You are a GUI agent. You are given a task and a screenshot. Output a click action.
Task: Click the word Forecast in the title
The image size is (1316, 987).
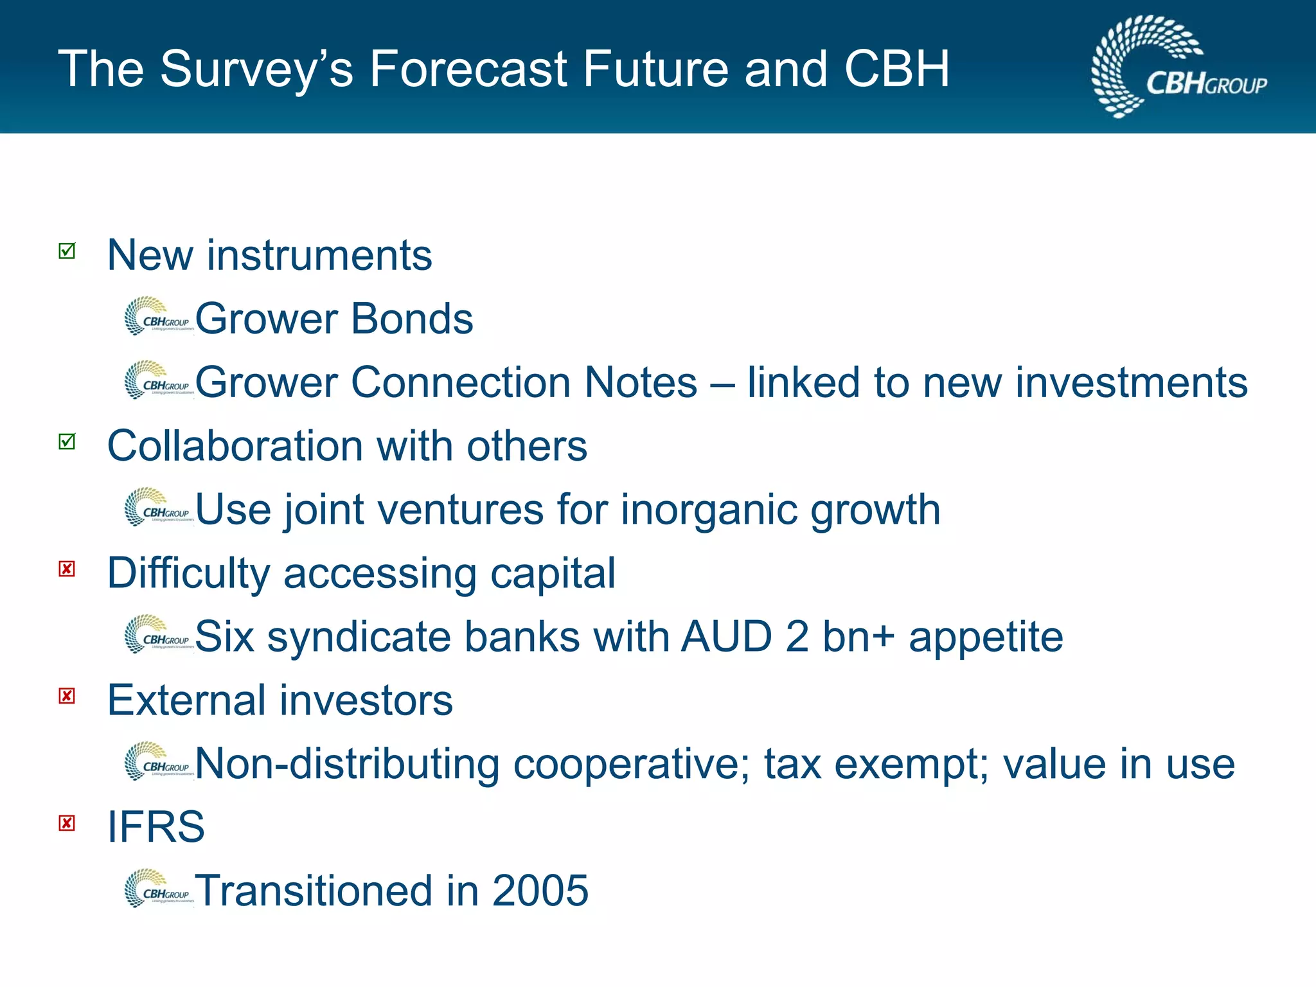point(469,69)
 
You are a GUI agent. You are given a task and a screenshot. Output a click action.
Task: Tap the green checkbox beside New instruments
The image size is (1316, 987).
point(67,251)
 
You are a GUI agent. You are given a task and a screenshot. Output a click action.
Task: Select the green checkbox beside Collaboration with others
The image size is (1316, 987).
point(67,441)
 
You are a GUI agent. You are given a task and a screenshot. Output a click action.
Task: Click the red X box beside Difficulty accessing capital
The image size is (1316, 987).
point(67,569)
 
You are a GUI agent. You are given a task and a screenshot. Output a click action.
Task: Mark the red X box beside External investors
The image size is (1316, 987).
point(67,696)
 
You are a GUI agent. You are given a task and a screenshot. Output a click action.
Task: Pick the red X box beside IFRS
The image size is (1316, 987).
point(67,823)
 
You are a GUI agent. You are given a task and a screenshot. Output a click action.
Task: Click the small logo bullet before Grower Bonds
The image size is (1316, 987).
point(158,316)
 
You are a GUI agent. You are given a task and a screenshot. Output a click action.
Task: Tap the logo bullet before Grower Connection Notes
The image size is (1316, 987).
point(158,380)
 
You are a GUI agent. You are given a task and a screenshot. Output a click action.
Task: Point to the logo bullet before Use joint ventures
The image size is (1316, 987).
point(158,507)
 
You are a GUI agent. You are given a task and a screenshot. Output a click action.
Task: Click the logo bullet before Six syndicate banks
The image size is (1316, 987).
point(158,634)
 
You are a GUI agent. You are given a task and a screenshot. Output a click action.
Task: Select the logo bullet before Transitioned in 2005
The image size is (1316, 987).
point(158,889)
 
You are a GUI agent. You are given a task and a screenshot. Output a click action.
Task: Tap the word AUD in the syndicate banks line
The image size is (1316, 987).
point(726,637)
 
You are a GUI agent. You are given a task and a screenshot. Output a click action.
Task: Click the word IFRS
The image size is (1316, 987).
point(156,827)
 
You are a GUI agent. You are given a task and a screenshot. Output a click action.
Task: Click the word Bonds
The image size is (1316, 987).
point(412,319)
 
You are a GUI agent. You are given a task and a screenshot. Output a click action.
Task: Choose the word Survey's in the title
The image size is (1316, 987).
point(256,69)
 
